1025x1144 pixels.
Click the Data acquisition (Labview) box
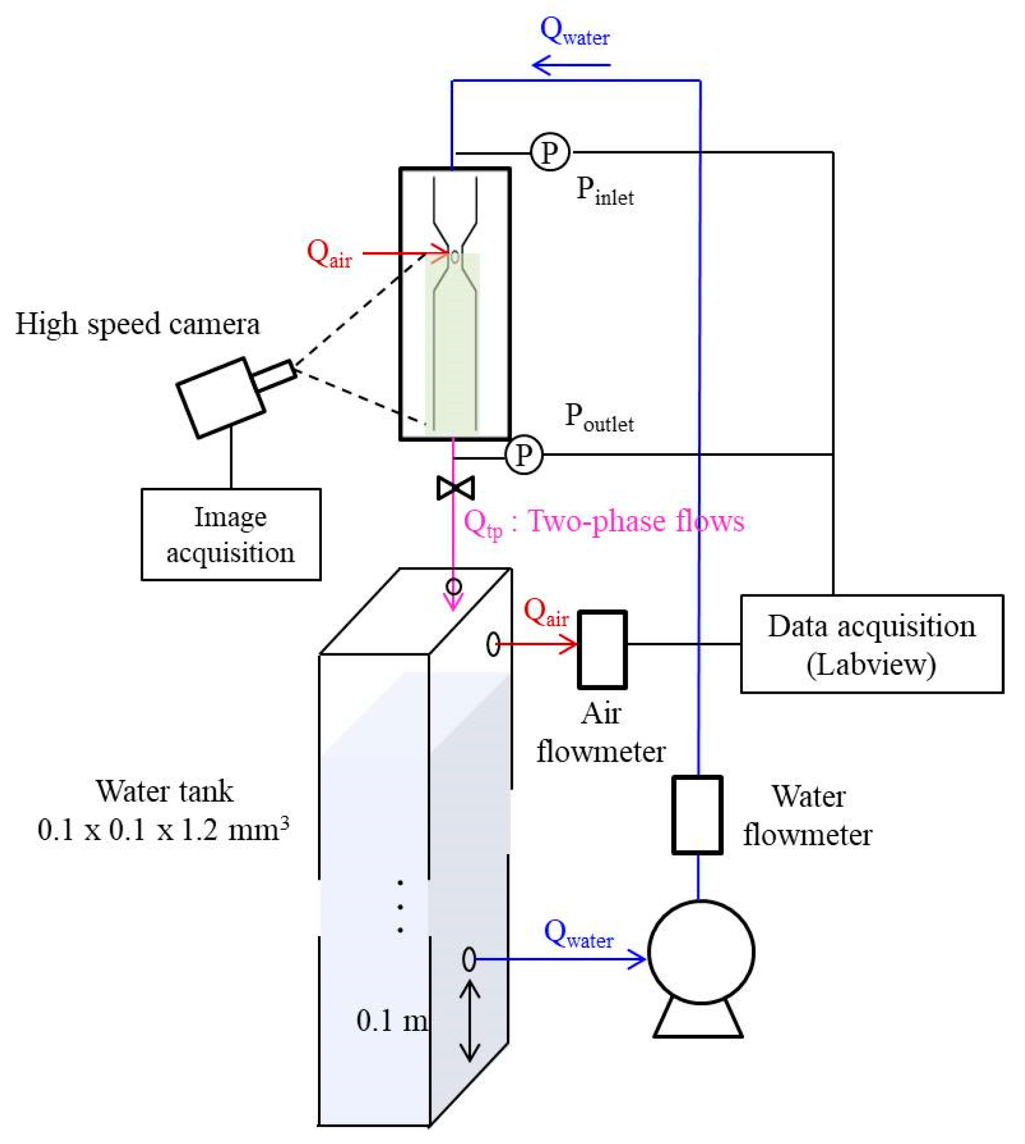point(871,644)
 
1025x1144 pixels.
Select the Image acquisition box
point(231,534)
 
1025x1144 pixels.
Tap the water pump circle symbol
point(700,952)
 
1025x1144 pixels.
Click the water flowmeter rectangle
point(697,815)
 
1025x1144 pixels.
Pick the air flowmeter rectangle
point(602,650)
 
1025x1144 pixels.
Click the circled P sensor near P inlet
point(550,152)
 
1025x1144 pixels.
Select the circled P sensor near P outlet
point(524,454)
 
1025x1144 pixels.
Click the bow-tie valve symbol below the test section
point(455,487)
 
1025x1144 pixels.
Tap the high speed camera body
point(221,397)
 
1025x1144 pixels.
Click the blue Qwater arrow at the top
point(571,65)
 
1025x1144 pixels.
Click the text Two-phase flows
point(636,521)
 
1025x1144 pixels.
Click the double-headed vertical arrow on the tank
point(470,1021)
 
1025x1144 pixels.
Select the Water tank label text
point(164,791)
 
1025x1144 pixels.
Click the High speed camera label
point(137,324)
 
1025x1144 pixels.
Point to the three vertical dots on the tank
point(400,906)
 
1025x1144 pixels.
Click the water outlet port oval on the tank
point(469,959)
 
